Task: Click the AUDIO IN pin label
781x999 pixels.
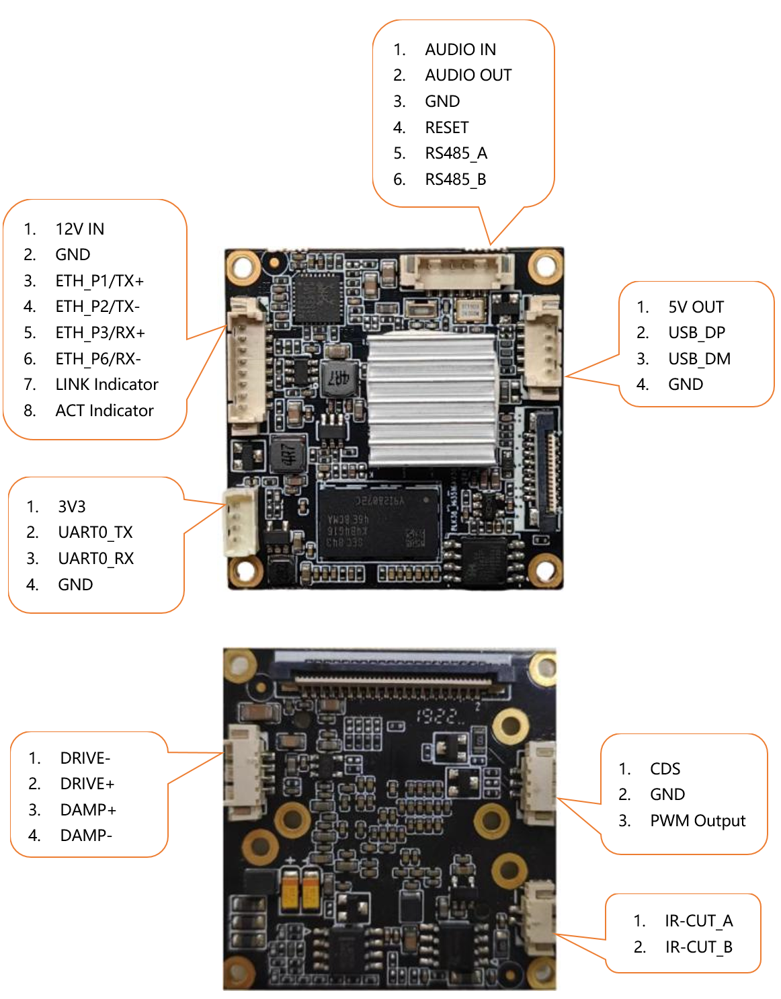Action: tap(460, 50)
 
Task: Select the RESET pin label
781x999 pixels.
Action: tap(447, 128)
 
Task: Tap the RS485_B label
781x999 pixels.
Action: tap(455, 179)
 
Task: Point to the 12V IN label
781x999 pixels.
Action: tap(80, 229)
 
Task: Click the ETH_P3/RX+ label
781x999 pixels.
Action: tap(100, 333)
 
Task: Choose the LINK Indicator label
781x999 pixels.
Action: tap(107, 385)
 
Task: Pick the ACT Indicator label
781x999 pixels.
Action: tap(104, 411)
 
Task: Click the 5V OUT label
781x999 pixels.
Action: tap(696, 307)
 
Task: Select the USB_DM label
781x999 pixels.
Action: tap(699, 359)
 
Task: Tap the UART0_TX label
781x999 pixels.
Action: tap(95, 532)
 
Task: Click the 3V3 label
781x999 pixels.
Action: tap(72, 507)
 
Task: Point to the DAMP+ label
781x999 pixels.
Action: tap(88, 810)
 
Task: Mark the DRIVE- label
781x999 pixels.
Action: tap(85, 758)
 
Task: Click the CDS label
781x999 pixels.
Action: tap(665, 769)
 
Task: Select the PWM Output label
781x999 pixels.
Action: tap(698, 821)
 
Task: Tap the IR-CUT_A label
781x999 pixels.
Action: tap(698, 921)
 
